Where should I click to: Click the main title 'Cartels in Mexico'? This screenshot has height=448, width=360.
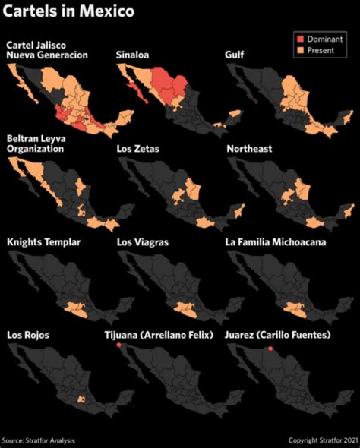coord(71,12)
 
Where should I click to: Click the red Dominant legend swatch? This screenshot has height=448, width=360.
coord(299,39)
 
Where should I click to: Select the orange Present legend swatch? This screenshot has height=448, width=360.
coord(299,51)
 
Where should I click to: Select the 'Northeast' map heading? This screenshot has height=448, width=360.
coord(249,149)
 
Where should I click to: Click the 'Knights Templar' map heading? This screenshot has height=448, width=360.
coord(43,242)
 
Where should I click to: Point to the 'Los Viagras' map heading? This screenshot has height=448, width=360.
coord(142,242)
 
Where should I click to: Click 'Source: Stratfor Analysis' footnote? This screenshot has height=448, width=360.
coord(39,440)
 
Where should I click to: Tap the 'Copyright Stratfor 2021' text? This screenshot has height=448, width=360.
coord(321,440)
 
